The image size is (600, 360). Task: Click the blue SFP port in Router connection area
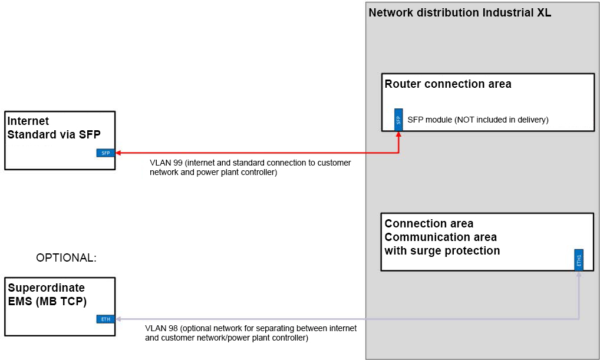point(398,120)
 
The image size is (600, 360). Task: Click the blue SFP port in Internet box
point(106,153)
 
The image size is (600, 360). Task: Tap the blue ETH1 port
point(579,259)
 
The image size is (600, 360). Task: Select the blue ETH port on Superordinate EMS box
point(106,319)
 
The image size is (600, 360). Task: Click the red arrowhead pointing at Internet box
point(118,153)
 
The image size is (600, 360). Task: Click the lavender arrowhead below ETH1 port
point(579,275)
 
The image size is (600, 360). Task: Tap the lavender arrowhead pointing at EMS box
point(118,319)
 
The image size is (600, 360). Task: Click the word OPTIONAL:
point(66,258)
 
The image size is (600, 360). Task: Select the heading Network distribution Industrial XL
point(460,13)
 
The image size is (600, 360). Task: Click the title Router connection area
point(448,84)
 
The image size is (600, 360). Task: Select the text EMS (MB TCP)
point(48,301)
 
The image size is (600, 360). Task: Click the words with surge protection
point(442,251)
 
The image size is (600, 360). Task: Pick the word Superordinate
point(46,288)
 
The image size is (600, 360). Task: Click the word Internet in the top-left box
point(28,121)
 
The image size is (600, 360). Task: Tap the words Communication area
point(440,237)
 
